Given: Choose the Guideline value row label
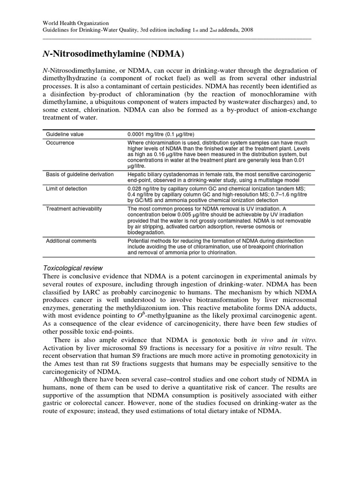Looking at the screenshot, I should (x=65, y=135).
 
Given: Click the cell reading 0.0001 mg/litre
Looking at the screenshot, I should (x=148, y=135).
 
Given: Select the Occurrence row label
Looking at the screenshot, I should (x=60, y=143).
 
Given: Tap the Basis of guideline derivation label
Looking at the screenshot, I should (x=80, y=174).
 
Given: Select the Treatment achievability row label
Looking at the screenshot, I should (x=74, y=209).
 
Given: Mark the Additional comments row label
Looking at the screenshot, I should (x=71, y=240).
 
